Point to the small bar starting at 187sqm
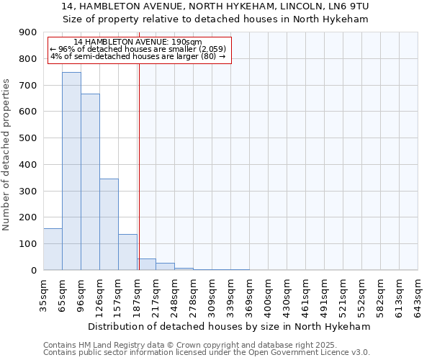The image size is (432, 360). tap(146, 264)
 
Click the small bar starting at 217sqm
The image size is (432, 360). tap(165, 266)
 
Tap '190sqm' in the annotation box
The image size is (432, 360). tap(188, 42)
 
